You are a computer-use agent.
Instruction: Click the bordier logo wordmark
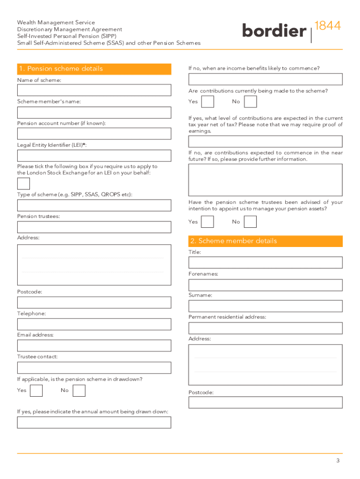tap(274, 31)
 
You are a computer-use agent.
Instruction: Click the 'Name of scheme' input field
tap(94, 90)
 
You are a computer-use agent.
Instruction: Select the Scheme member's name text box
tap(94, 112)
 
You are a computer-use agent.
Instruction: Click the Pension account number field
tap(94, 134)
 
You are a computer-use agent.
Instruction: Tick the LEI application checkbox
tap(23, 183)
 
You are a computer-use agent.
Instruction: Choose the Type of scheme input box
tap(94, 205)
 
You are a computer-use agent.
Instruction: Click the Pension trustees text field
tap(94, 227)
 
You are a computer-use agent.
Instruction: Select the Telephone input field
tap(94, 324)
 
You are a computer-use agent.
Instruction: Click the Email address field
tap(94, 346)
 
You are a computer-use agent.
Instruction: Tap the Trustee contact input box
tap(94, 368)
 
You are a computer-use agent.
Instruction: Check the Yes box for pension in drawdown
tap(36, 391)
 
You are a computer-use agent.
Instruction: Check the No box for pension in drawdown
tap(79, 391)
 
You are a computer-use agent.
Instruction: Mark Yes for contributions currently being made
tap(208, 102)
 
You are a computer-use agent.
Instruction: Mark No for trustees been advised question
tap(250, 222)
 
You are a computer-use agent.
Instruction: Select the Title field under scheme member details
tap(266, 262)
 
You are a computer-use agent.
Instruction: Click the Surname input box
tap(266, 306)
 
